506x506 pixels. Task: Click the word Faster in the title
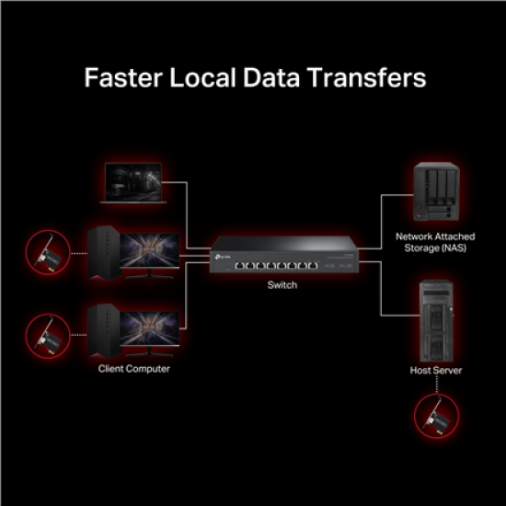123,78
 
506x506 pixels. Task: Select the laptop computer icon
133,183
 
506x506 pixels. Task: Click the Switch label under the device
282,285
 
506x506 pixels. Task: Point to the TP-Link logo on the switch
223,257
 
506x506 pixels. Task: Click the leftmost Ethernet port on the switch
240,266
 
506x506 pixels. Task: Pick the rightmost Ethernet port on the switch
313,266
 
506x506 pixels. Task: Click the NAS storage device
436,191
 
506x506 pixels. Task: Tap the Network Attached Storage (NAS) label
435,242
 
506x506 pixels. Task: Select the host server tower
436,321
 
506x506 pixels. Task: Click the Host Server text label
436,370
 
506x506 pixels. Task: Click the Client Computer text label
134,369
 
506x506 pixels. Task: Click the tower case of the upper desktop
104,252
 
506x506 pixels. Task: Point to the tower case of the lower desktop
104,330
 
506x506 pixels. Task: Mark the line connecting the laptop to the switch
187,215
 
